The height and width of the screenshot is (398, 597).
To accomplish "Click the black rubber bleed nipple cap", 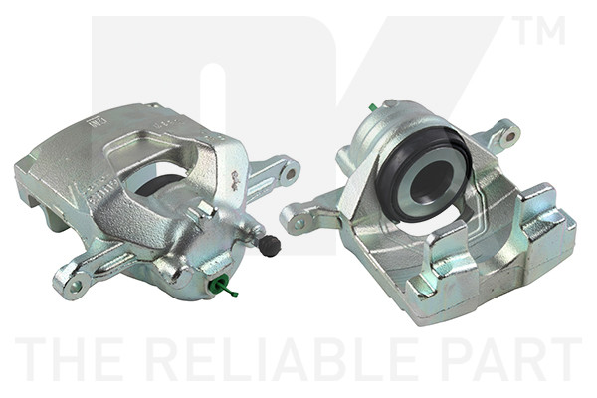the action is [270, 246].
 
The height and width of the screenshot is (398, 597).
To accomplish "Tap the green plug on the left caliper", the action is [224, 287].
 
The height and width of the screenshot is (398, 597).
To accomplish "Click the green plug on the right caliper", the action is [373, 107].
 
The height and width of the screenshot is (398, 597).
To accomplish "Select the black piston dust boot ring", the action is [423, 174].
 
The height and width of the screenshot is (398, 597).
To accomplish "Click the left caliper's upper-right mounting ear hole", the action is [291, 174].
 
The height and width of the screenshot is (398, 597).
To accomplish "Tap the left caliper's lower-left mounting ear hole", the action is [76, 287].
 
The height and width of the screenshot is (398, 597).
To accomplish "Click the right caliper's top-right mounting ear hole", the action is [510, 136].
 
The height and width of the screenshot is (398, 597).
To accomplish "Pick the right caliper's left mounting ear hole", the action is [299, 223].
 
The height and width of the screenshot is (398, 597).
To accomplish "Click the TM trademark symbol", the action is [539, 30].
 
